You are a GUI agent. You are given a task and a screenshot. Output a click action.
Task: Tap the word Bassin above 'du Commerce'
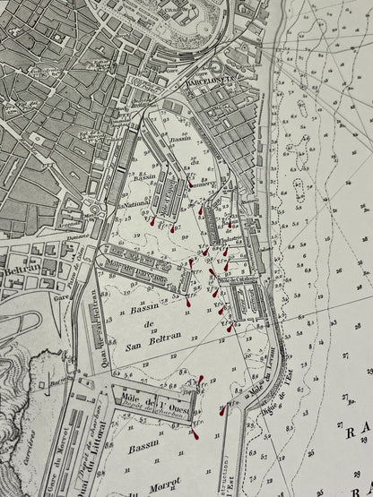point(180,133)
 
